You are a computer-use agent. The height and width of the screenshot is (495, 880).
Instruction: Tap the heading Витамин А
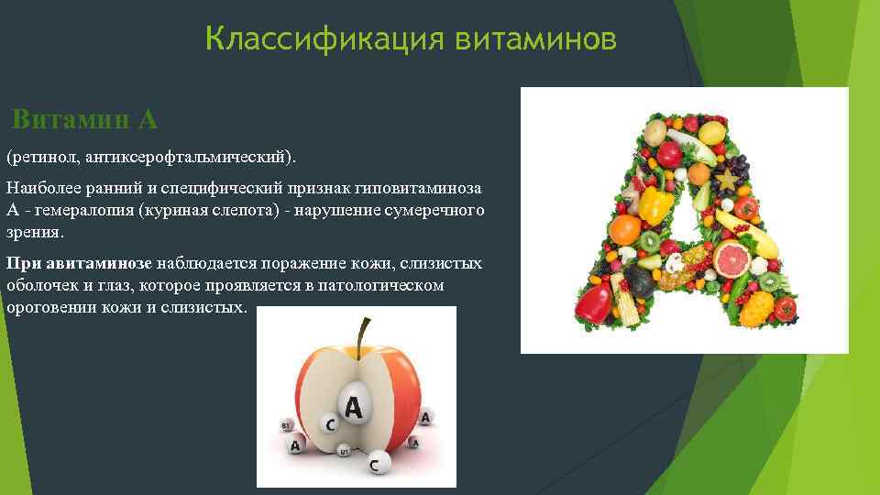[86, 119]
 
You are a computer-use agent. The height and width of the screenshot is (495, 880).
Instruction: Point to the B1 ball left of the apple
[286, 426]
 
